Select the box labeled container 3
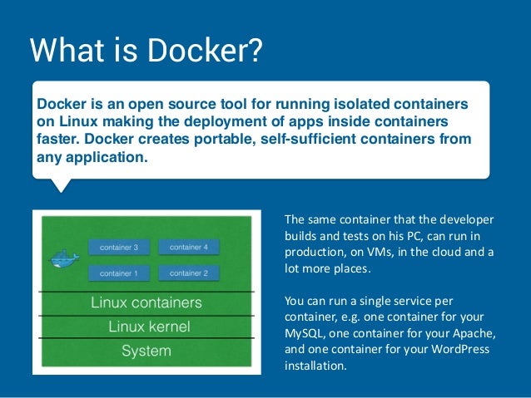tap(118, 247)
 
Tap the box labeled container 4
tap(188, 247)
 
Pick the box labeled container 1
tap(118, 273)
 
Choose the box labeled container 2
tap(188, 273)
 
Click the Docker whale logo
tap(64, 258)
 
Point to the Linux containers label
tap(146, 302)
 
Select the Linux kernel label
tap(149, 327)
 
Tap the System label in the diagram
tap(146, 351)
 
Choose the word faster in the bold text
tap(61, 138)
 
